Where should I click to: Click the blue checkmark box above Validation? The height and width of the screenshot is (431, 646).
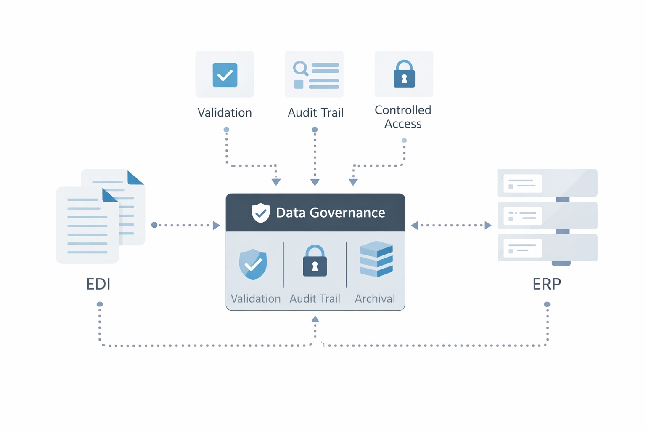(225, 75)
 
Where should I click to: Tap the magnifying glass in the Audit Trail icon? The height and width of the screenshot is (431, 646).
(300, 68)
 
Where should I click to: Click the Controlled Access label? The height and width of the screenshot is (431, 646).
(403, 117)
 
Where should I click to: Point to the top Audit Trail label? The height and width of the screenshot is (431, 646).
(315, 112)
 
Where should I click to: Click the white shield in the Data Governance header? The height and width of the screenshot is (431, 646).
(260, 213)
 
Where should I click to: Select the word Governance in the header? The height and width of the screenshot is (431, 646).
(347, 213)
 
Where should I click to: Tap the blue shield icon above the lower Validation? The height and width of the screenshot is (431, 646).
(253, 264)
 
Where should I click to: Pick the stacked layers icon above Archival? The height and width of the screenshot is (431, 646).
(376, 259)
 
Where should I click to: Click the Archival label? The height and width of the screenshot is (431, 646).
(375, 298)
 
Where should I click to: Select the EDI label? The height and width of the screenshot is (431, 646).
(98, 284)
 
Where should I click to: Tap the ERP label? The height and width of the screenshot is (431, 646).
(547, 284)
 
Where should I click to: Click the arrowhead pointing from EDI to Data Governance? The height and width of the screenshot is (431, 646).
(217, 226)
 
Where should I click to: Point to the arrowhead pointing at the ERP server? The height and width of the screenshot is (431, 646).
(488, 226)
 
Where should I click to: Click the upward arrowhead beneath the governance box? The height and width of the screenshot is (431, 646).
(315, 319)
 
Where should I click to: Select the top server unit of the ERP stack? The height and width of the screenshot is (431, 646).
(547, 183)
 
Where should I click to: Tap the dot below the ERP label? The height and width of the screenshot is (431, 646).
(547, 304)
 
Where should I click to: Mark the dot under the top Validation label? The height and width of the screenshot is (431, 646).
(226, 130)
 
